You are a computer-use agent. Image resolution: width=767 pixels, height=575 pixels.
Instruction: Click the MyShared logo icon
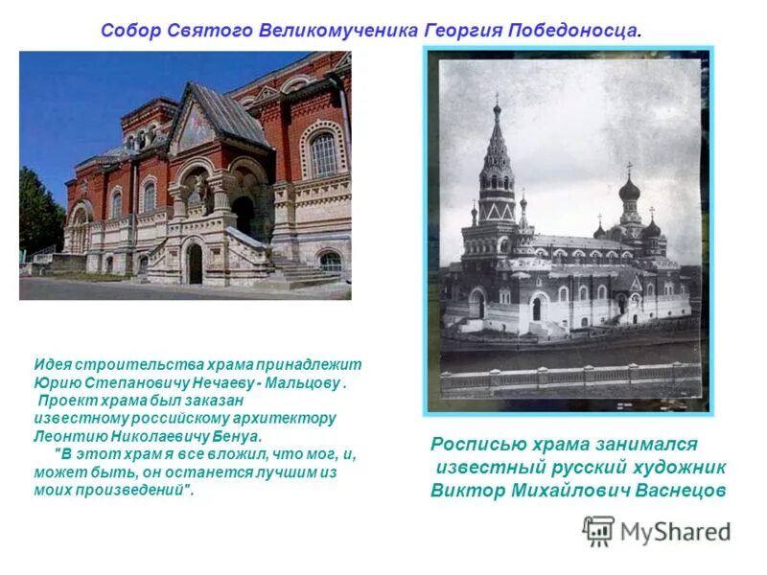point(598,531)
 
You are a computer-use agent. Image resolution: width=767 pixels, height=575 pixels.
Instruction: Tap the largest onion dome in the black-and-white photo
point(629,188)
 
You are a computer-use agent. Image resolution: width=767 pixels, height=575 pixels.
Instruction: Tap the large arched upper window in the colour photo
point(323,153)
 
